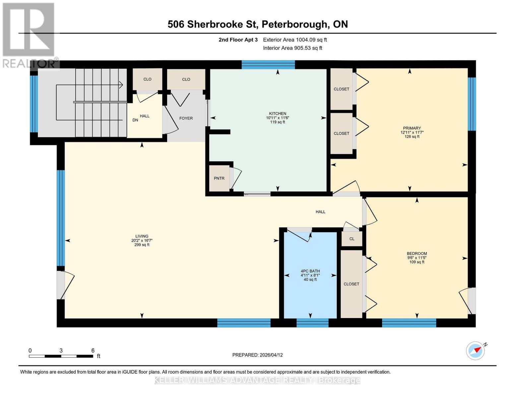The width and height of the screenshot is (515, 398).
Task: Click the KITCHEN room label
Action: coord(277,114)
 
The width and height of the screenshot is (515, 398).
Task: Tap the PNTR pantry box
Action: coord(219,178)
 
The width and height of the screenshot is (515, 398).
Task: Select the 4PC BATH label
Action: coord(310,271)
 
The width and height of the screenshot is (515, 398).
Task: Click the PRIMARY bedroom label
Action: coord(412,128)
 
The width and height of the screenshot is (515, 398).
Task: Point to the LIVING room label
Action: coord(142,236)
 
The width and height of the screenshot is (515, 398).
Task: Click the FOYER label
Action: coord(186,118)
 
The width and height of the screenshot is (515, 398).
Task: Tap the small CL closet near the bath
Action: coord(352,239)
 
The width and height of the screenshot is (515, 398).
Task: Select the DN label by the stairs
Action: coord(135,120)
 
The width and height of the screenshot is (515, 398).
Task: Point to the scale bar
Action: coord(61,356)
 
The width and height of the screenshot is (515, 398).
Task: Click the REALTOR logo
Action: coord(29,35)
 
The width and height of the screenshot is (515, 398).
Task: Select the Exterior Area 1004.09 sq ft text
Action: coord(295,40)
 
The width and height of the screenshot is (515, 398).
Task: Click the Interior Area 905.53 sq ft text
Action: coord(292,48)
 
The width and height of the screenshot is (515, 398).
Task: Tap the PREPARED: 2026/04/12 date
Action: coord(257,355)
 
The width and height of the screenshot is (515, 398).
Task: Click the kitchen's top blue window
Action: coord(268,65)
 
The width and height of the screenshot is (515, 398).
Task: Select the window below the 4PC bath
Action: coord(312,323)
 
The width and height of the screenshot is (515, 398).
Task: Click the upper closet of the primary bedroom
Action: coord(341,89)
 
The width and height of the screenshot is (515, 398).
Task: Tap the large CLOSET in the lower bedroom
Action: coord(351,284)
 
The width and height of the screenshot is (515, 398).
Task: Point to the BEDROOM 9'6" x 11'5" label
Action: coord(417,258)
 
